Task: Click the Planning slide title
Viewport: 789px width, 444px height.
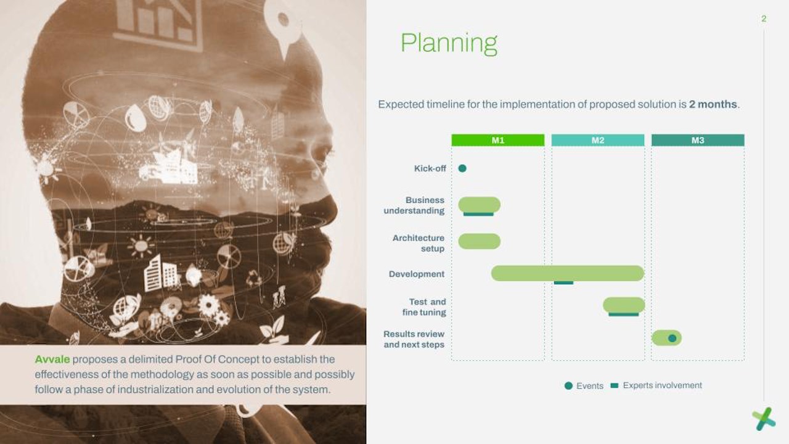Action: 449,44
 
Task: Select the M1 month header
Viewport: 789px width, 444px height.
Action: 497,140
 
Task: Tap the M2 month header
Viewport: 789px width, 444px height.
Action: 598,140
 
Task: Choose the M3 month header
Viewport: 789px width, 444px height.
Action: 698,140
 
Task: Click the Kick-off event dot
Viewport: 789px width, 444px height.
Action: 462,168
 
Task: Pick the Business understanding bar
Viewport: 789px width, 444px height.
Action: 479,205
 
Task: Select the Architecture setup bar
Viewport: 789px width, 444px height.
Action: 479,241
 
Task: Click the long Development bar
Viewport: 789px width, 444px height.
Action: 568,273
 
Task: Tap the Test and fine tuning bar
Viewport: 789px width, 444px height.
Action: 624,305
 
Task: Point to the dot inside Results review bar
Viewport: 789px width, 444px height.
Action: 672,339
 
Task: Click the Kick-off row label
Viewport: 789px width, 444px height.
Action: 430,168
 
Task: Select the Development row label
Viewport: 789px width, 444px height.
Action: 416,274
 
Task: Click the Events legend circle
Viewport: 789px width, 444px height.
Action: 568,386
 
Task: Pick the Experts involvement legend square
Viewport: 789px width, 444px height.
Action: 615,385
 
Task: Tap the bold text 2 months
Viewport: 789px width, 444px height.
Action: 713,104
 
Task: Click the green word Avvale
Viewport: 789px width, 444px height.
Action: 52,360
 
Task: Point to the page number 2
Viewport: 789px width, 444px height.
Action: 764,18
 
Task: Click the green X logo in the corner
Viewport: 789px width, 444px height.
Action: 763,419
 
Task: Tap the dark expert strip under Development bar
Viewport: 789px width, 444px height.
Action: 563,282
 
